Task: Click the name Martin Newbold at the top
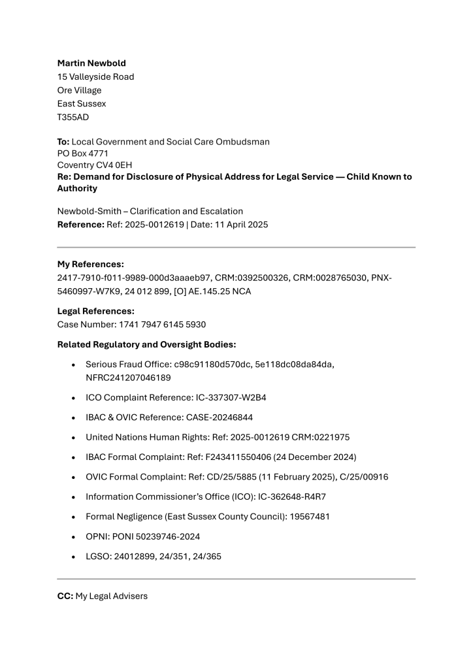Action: pyautogui.click(x=91, y=63)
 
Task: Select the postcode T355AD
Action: pyautogui.click(x=73, y=117)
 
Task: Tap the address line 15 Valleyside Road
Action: pyautogui.click(x=95, y=77)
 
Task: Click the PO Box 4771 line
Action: pyautogui.click(x=83, y=153)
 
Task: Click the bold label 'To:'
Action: pyautogui.click(x=63, y=141)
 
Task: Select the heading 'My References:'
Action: pyautogui.click(x=90, y=265)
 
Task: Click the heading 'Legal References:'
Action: pyautogui.click(x=95, y=312)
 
